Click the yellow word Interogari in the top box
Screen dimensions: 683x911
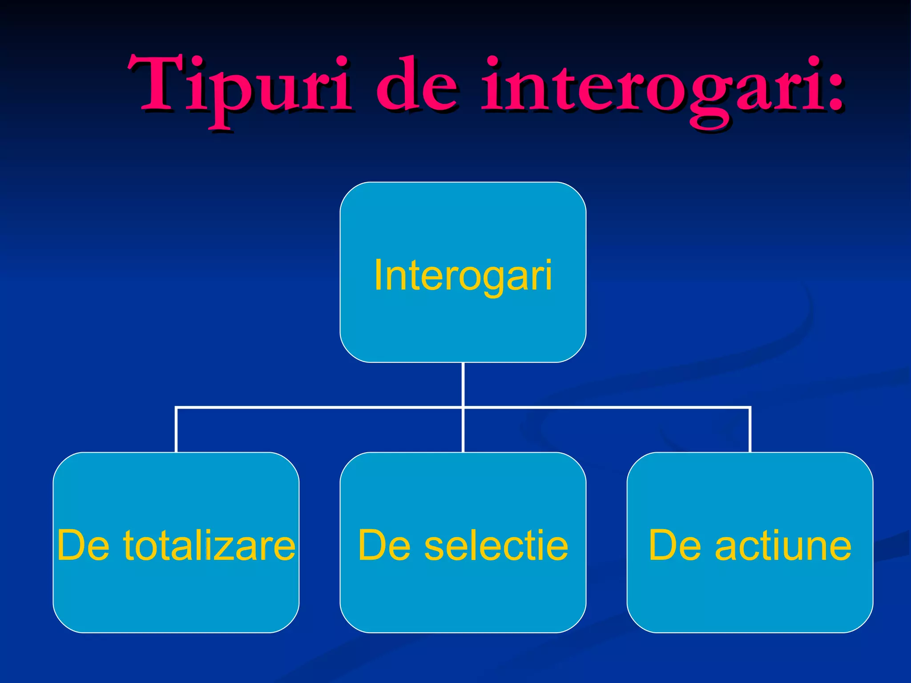pyautogui.click(x=463, y=276)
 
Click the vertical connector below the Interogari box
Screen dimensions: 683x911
pyautogui.click(x=463, y=385)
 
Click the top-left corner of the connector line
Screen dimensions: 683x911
pyautogui.click(x=177, y=407)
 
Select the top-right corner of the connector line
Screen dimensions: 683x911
pyautogui.click(x=750, y=407)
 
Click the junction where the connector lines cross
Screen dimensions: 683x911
pyautogui.click(x=463, y=407)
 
